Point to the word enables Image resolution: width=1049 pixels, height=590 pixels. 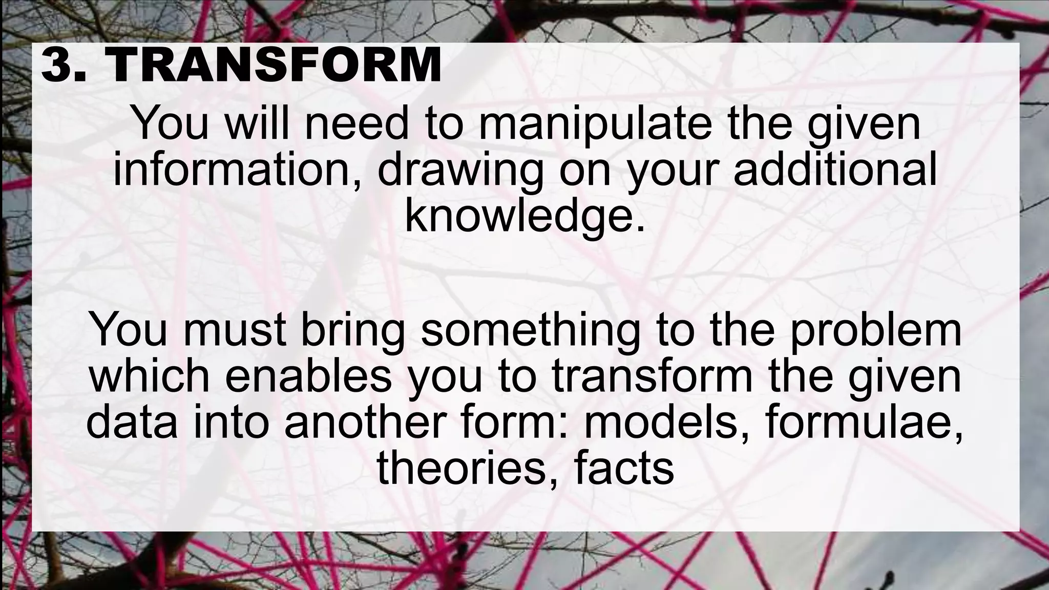click(308, 377)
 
